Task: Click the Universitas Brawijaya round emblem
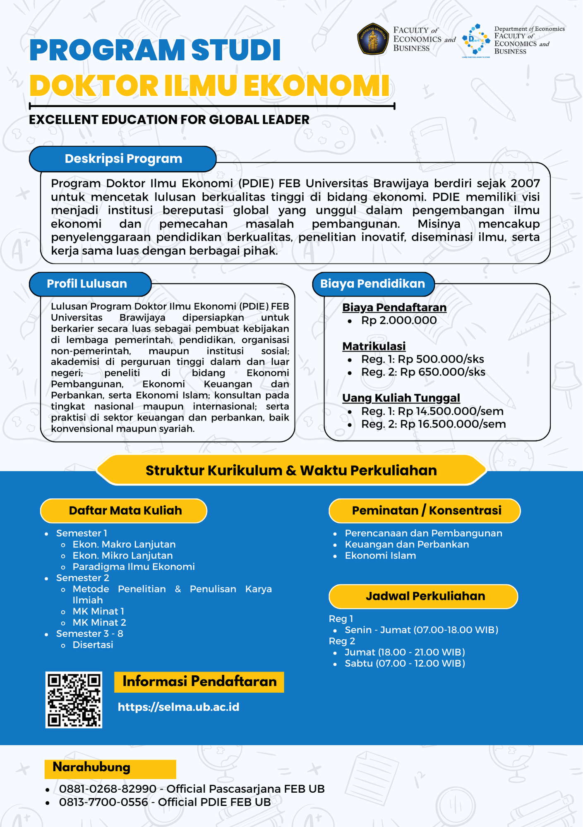pyautogui.click(x=373, y=39)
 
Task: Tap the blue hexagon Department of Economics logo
pyautogui.click(x=475, y=40)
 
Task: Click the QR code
pyautogui.click(x=74, y=700)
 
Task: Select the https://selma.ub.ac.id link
pyautogui.click(x=178, y=707)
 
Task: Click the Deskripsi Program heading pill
pyautogui.click(x=123, y=159)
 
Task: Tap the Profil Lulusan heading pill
pyautogui.click(x=87, y=284)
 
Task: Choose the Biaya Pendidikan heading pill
pyautogui.click(x=372, y=284)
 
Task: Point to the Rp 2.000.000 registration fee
pyautogui.click(x=398, y=320)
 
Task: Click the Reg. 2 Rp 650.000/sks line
pyautogui.click(x=423, y=372)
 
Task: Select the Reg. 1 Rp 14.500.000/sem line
pyautogui.click(x=432, y=411)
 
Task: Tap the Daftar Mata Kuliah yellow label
pyautogui.click(x=125, y=511)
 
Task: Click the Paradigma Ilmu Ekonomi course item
pyautogui.click(x=133, y=567)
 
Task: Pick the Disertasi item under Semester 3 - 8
pyautogui.click(x=93, y=645)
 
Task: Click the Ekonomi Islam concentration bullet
pyautogui.click(x=380, y=556)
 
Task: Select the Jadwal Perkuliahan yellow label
pyautogui.click(x=425, y=596)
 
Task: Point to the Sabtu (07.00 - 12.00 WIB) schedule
pyautogui.click(x=405, y=664)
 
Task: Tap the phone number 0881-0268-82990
pyautogui.click(x=108, y=789)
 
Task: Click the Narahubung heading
pyautogui.click(x=91, y=767)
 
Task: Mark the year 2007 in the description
pyautogui.click(x=525, y=183)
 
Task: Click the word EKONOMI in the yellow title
pyautogui.click(x=316, y=86)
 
